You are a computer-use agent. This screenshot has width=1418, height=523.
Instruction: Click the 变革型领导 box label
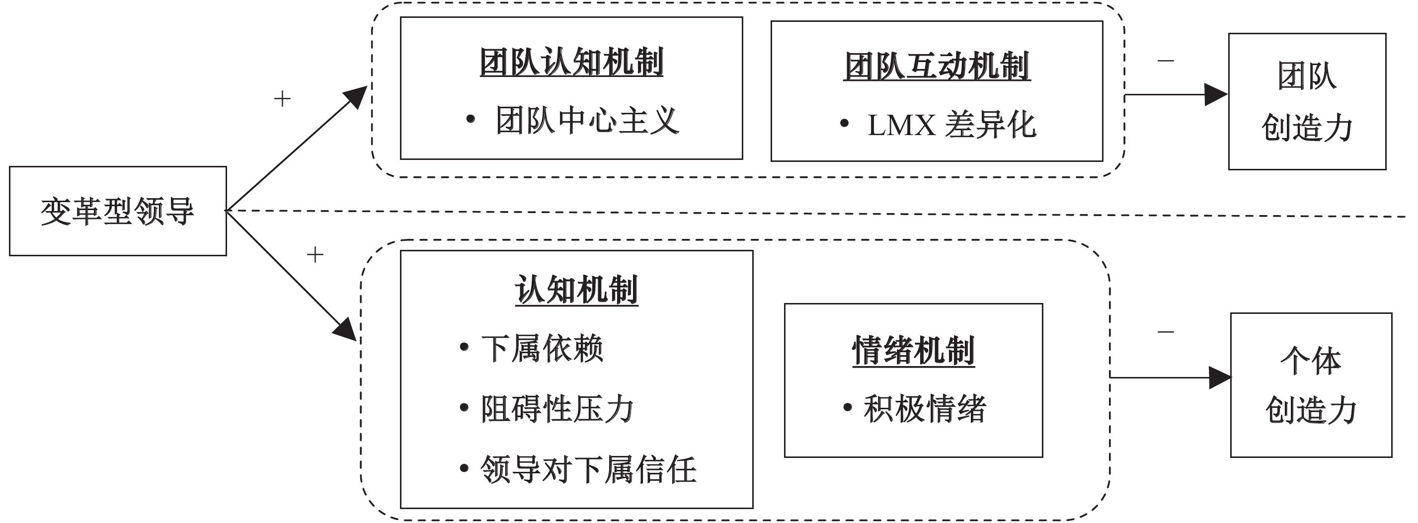(117, 211)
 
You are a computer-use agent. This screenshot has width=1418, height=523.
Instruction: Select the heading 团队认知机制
(571, 62)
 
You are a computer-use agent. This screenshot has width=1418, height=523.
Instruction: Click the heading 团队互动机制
(937, 67)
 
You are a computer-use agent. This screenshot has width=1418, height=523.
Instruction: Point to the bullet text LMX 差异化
(951, 125)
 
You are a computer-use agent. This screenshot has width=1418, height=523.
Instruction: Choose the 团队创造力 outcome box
(1307, 101)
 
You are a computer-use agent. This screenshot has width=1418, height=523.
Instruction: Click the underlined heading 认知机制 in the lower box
(576, 290)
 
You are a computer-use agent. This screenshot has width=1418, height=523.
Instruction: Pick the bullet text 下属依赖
(542, 348)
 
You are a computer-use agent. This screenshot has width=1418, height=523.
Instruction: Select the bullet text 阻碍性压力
(557, 408)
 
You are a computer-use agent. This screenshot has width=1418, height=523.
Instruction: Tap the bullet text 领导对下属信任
(588, 469)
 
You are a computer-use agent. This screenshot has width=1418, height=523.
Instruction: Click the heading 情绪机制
(913, 351)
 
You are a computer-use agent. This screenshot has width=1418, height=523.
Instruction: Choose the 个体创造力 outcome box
(1311, 385)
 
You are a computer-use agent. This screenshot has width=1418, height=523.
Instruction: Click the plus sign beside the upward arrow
(282, 99)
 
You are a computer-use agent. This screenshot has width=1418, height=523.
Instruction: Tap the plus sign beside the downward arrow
(315, 254)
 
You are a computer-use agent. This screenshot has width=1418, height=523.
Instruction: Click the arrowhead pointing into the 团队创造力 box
(1215, 95)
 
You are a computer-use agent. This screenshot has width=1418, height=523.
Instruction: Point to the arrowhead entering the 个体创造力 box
(1219, 377)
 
